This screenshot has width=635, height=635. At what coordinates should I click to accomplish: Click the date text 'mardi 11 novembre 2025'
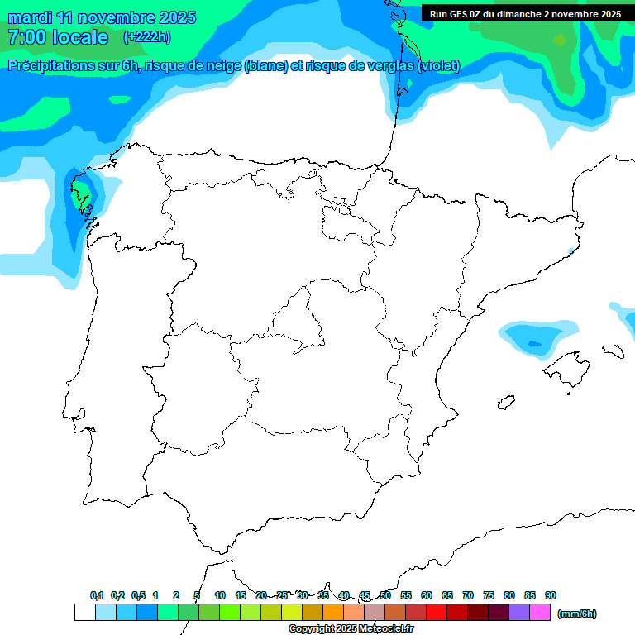102,17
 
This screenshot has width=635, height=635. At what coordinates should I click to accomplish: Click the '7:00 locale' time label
58,37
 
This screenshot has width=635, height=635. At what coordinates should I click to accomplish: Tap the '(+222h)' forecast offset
146,37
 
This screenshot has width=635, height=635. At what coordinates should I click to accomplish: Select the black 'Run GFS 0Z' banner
525,13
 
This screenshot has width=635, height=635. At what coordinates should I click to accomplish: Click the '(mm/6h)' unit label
577,614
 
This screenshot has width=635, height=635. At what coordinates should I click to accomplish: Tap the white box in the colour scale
84,613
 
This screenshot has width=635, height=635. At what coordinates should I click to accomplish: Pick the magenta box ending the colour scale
540,613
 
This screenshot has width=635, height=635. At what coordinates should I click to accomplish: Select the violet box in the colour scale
519,613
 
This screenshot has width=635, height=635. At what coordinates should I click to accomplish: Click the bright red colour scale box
437,613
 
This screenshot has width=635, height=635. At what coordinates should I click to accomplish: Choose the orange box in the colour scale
333,613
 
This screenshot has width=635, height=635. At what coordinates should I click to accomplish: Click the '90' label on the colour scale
551,595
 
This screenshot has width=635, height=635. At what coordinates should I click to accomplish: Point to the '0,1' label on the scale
97,595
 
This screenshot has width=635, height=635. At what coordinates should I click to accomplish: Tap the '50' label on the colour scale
385,595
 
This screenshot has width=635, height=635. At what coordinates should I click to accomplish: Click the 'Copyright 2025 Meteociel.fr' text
351,629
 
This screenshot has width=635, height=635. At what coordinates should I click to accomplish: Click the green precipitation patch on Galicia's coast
81,198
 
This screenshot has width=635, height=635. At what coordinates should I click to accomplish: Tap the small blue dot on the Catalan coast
571,251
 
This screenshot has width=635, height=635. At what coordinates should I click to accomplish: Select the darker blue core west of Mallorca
533,343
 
